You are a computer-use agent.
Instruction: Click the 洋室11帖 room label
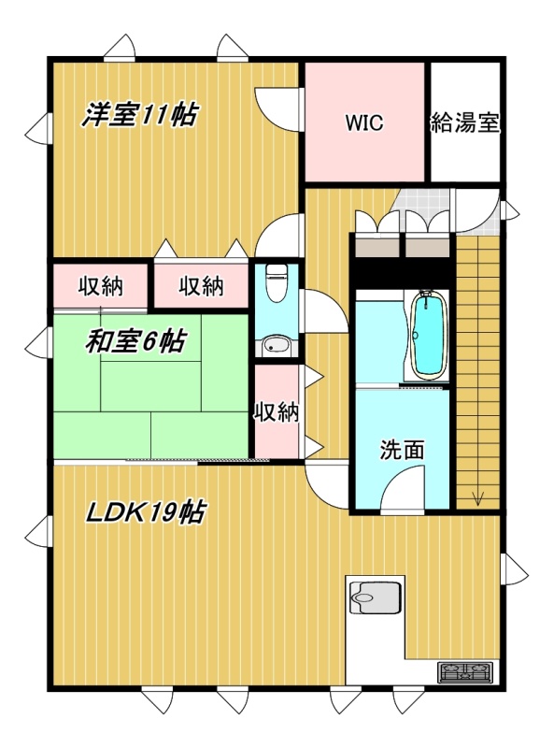pos(139,115)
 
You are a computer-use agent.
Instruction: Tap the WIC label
pos(364,123)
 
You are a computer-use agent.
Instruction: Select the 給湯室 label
pos(465,123)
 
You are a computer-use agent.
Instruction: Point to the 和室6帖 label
pos(135,341)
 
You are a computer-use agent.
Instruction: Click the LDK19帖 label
pos(146,512)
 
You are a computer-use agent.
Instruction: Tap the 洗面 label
pos(402,450)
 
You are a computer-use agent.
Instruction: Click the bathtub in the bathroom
pos(429,335)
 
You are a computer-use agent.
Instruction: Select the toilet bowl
pos(275,282)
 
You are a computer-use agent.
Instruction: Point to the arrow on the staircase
pos(477,498)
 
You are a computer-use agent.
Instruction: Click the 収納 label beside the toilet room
pos(276,412)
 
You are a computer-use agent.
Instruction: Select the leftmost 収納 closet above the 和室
pos(101,286)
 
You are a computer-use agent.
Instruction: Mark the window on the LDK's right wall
pos(514,571)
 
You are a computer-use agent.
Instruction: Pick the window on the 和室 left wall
pos(37,342)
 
